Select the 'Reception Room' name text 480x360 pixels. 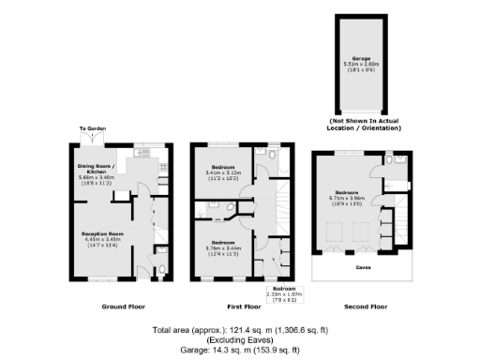[102, 232]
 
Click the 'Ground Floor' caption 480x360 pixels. [120, 307]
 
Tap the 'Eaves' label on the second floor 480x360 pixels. [362, 268]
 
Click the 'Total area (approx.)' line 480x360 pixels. [240, 330]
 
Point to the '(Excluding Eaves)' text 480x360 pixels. [240, 339]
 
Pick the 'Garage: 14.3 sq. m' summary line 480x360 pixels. [240, 349]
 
